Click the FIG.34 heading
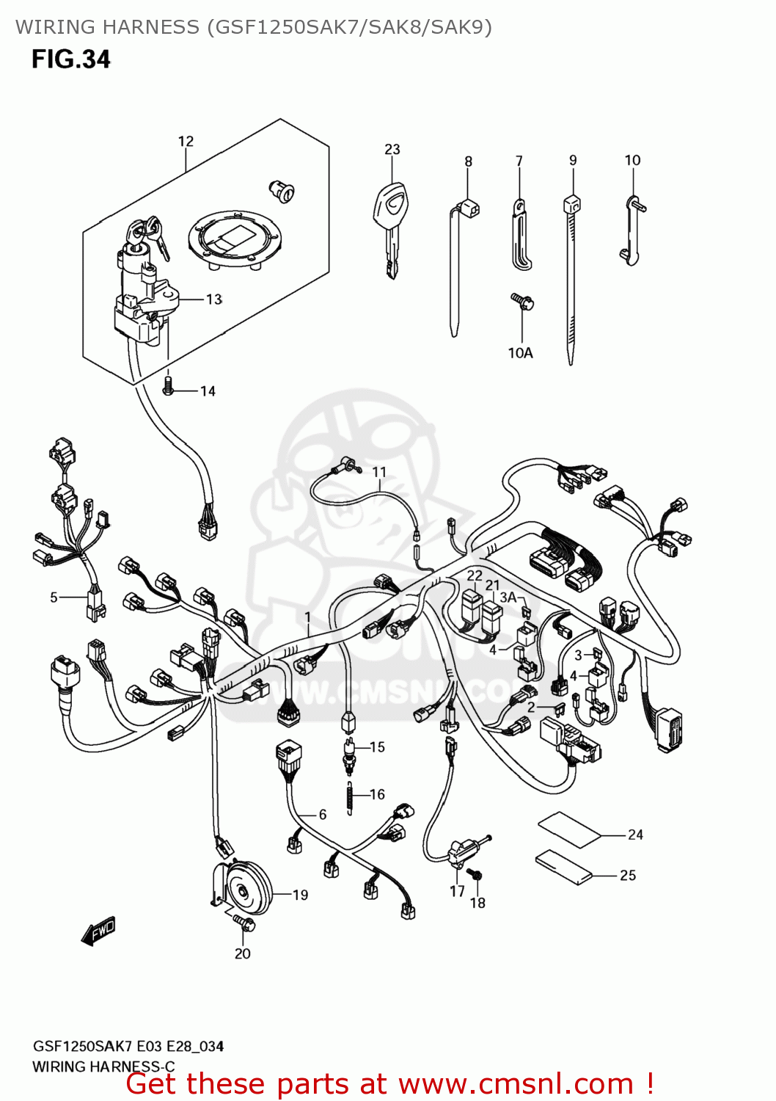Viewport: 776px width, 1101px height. [x=70, y=59]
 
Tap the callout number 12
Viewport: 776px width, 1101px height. [x=186, y=141]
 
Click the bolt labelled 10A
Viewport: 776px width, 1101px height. [x=522, y=300]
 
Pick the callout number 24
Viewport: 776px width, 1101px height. [x=635, y=835]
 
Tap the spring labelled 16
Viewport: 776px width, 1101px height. [x=351, y=797]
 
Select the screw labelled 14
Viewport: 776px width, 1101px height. [x=168, y=386]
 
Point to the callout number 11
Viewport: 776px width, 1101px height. [x=378, y=472]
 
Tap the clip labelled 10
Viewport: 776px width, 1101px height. [x=632, y=228]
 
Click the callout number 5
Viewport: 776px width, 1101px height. [x=54, y=597]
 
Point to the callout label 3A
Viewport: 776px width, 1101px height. [x=508, y=597]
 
